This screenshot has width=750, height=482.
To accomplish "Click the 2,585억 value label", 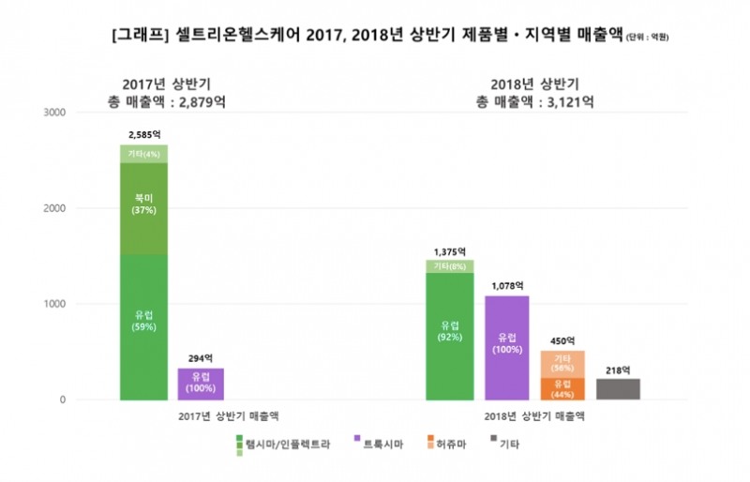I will pyautogui.click(x=143, y=135).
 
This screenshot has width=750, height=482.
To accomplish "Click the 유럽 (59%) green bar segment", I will pyautogui.click(x=143, y=326).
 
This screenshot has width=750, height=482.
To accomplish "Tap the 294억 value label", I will pyautogui.click(x=202, y=357).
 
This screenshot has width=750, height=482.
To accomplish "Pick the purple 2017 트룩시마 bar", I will pyautogui.click(x=202, y=384).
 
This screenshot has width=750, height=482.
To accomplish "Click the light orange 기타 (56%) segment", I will pyautogui.click(x=563, y=364).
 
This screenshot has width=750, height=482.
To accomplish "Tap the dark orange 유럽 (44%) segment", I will pyautogui.click(x=563, y=388).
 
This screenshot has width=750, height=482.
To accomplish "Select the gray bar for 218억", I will pyautogui.click(x=619, y=389).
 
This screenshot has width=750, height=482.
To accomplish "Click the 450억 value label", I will pyautogui.click(x=563, y=340).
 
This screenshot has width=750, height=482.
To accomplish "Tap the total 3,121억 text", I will pyautogui.click(x=534, y=101).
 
